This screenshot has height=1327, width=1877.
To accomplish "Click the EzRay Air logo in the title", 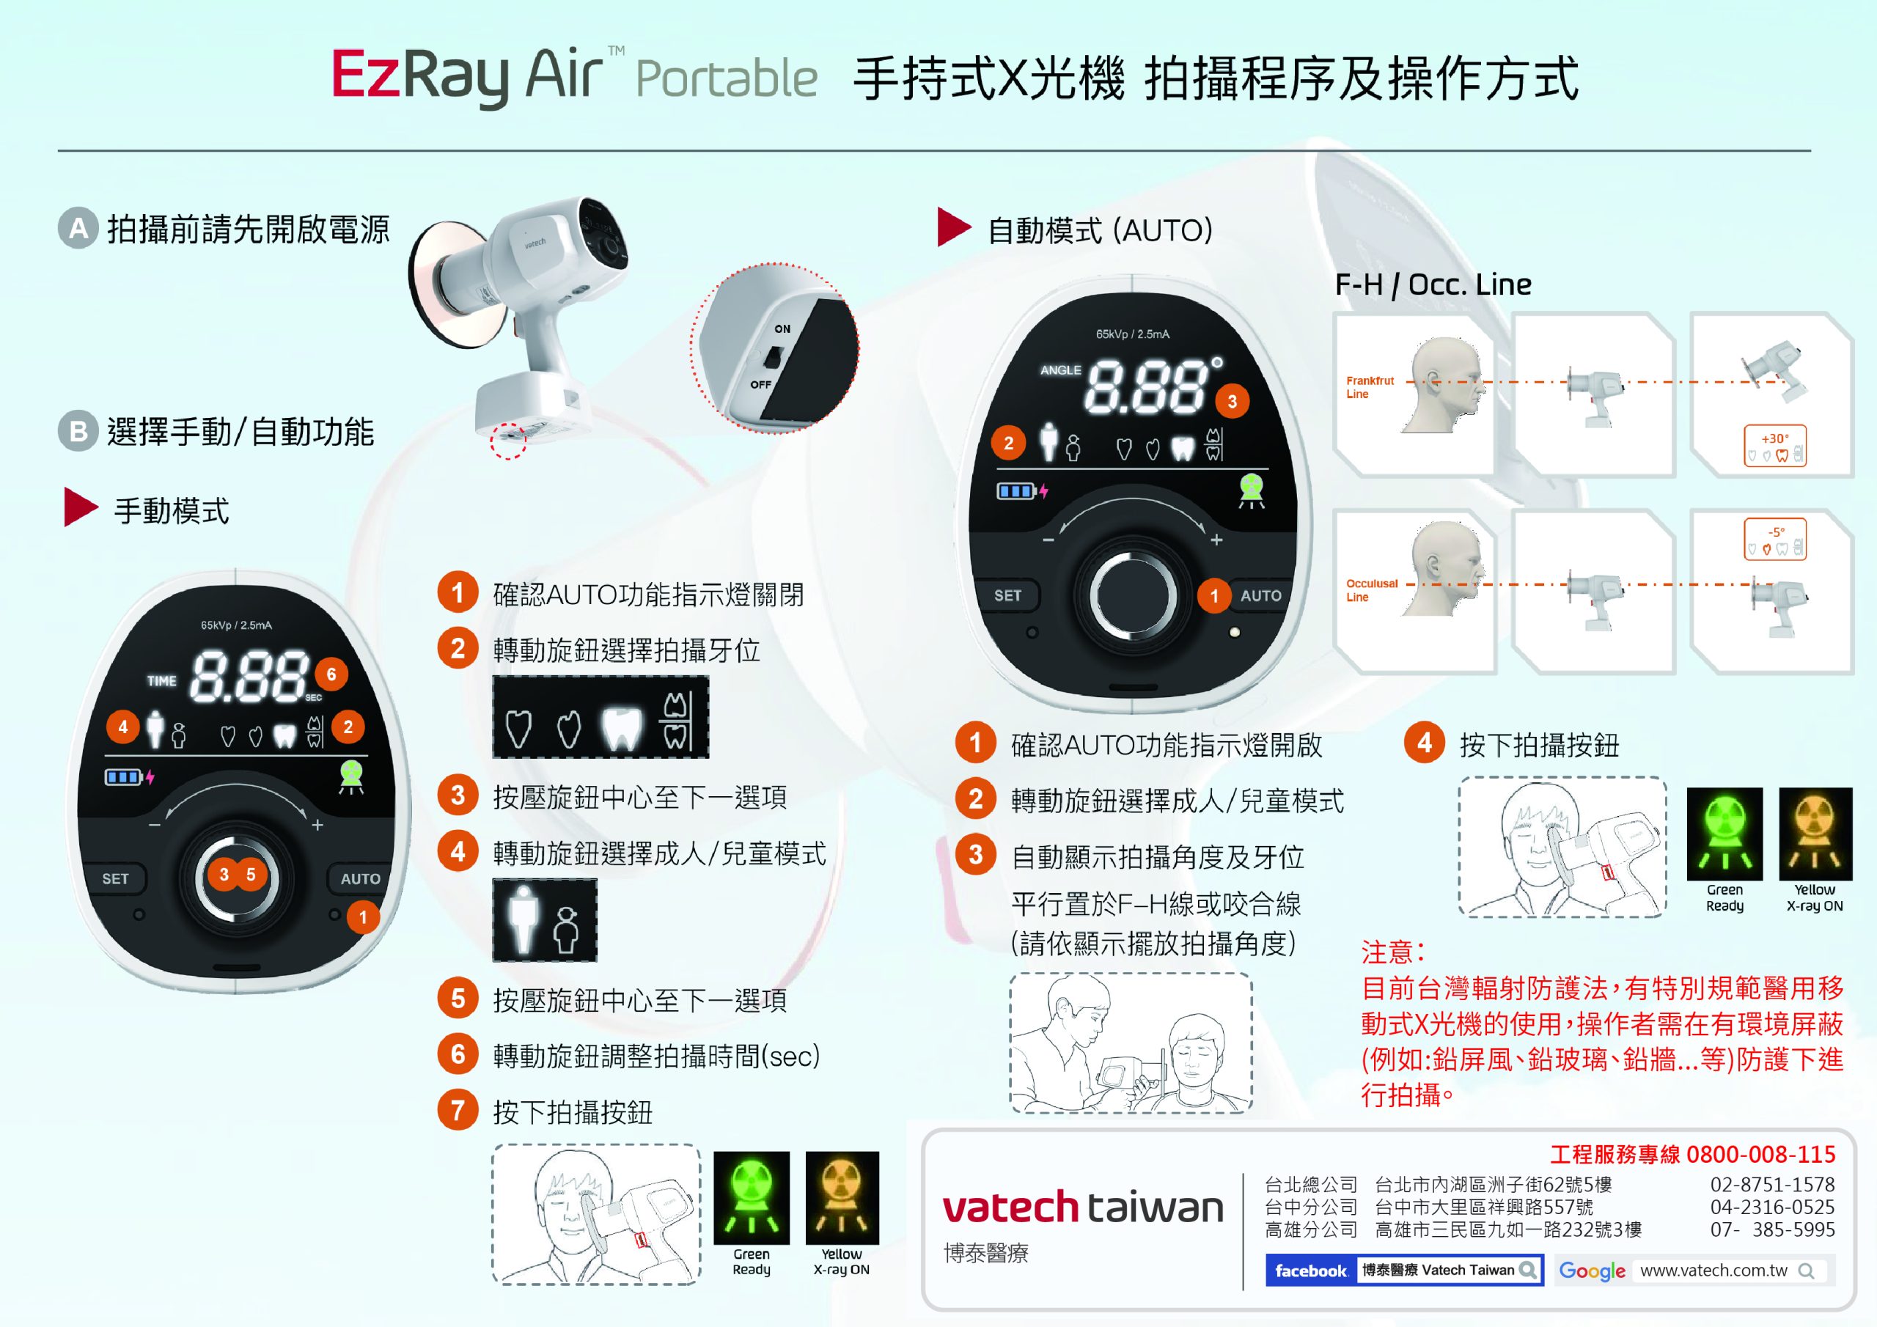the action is click(468, 76).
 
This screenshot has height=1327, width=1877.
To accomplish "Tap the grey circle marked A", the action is click(78, 228).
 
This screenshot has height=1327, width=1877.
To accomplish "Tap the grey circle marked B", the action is click(78, 431).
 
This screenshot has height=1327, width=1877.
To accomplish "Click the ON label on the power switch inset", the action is click(782, 328).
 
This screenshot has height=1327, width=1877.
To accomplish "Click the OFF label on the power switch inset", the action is click(760, 384).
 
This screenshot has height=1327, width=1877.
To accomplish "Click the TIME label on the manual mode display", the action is click(161, 680).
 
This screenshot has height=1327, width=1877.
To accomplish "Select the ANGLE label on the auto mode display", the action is click(1060, 370).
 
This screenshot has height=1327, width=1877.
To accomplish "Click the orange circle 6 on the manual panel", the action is click(331, 674).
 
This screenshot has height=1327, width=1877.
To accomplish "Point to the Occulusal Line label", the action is click(1371, 590).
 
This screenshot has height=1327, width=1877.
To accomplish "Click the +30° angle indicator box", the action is click(1775, 446).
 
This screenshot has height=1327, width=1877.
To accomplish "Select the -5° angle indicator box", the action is click(1775, 539).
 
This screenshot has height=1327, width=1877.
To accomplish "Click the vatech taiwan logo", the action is click(1082, 1207).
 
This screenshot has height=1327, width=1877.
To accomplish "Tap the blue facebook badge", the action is click(1310, 1271).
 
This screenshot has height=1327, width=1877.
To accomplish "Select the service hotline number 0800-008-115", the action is click(1761, 1155).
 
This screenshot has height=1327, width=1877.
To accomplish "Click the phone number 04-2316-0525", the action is click(1772, 1207).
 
